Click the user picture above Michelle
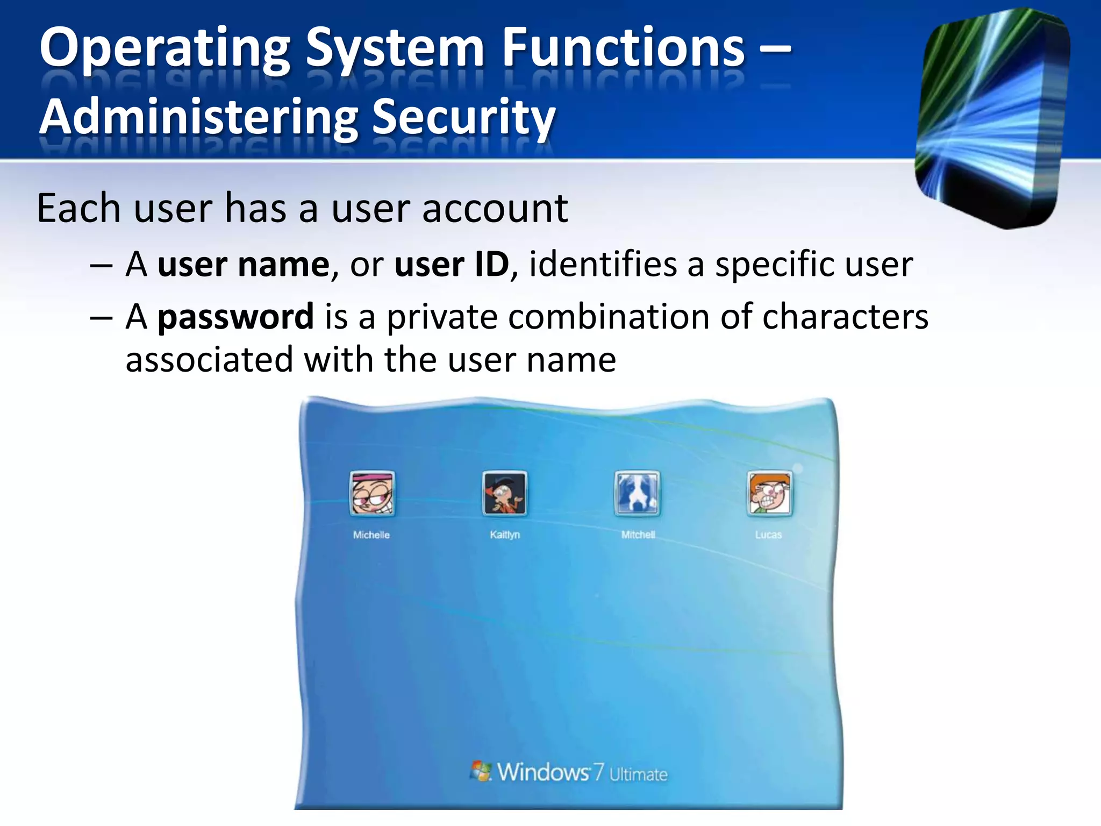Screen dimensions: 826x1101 click(x=372, y=493)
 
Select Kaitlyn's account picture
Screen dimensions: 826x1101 click(x=504, y=493)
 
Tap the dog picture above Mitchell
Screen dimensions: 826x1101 click(x=637, y=493)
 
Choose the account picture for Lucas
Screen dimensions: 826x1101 click(x=769, y=493)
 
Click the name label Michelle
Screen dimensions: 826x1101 click(x=371, y=535)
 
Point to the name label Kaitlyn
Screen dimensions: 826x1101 click(x=505, y=535)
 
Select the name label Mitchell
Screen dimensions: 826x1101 click(x=638, y=535)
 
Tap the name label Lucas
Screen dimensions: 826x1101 click(x=768, y=535)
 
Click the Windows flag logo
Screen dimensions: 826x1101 click(x=481, y=771)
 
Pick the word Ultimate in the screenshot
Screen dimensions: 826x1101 click(x=638, y=774)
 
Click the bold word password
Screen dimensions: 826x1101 click(x=235, y=317)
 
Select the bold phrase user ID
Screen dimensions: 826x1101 click(x=452, y=265)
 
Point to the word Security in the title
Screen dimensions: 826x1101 click(x=463, y=117)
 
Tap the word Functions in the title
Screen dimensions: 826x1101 click(x=624, y=48)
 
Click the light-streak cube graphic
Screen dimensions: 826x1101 click(x=992, y=118)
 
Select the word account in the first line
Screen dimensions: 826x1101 click(x=495, y=208)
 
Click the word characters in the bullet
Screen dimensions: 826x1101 click(x=845, y=317)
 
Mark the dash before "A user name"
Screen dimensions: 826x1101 click(x=101, y=265)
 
